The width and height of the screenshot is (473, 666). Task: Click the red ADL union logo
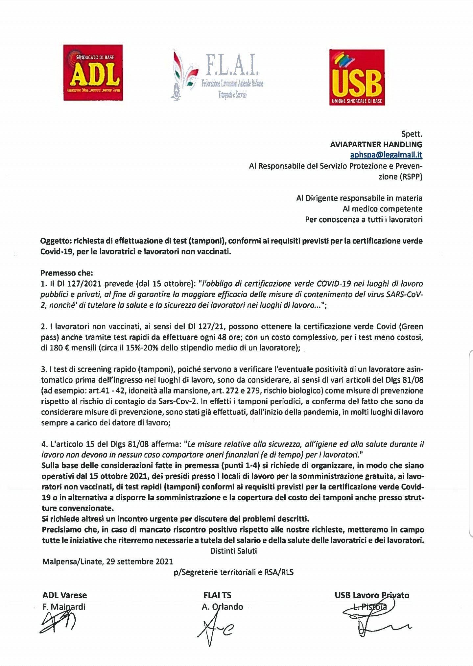click(x=93, y=73)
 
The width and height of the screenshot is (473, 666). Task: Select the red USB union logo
click(x=357, y=77)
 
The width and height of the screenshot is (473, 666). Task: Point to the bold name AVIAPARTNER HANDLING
click(x=376, y=144)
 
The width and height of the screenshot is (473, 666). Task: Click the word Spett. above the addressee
click(x=412, y=134)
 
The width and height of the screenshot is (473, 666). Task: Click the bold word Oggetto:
click(x=56, y=241)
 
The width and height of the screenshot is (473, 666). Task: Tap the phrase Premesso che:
click(x=67, y=273)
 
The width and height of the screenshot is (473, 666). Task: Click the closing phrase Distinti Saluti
click(x=233, y=551)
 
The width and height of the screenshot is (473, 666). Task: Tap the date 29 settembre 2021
click(x=140, y=561)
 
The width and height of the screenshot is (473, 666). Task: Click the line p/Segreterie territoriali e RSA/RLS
click(x=233, y=572)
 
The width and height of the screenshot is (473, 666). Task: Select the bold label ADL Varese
click(x=64, y=595)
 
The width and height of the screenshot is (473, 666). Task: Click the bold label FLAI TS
click(x=217, y=595)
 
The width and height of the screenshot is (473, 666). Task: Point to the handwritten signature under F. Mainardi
click(x=58, y=623)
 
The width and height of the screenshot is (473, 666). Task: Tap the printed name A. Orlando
click(x=222, y=607)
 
